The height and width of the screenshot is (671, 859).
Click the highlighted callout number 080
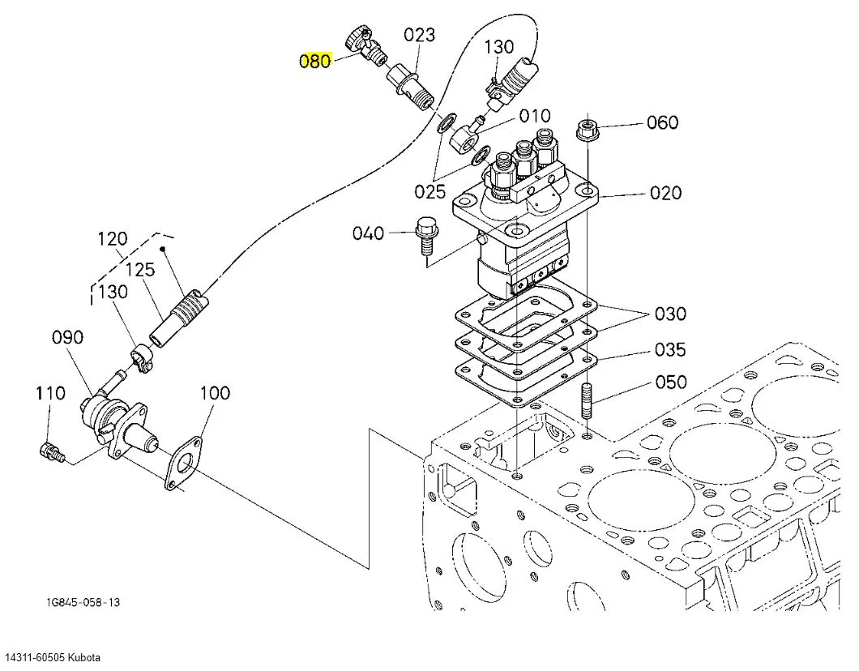315,60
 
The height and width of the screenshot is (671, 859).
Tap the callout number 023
419,35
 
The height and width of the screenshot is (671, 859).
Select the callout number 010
535,116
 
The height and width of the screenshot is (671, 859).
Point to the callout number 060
662,122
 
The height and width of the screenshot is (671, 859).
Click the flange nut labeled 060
587,130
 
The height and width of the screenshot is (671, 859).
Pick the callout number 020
665,193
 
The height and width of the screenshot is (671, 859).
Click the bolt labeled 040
425,235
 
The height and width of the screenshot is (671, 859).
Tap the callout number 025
430,191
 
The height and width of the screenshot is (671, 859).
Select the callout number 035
670,349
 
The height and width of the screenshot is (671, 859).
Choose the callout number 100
215,393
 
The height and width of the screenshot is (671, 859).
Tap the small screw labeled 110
52,451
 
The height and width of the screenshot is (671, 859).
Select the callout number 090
67,337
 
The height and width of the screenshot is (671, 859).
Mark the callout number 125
140,270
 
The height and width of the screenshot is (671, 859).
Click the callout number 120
113,239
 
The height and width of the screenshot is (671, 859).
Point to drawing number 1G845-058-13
83,603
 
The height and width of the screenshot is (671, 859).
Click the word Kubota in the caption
83,657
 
